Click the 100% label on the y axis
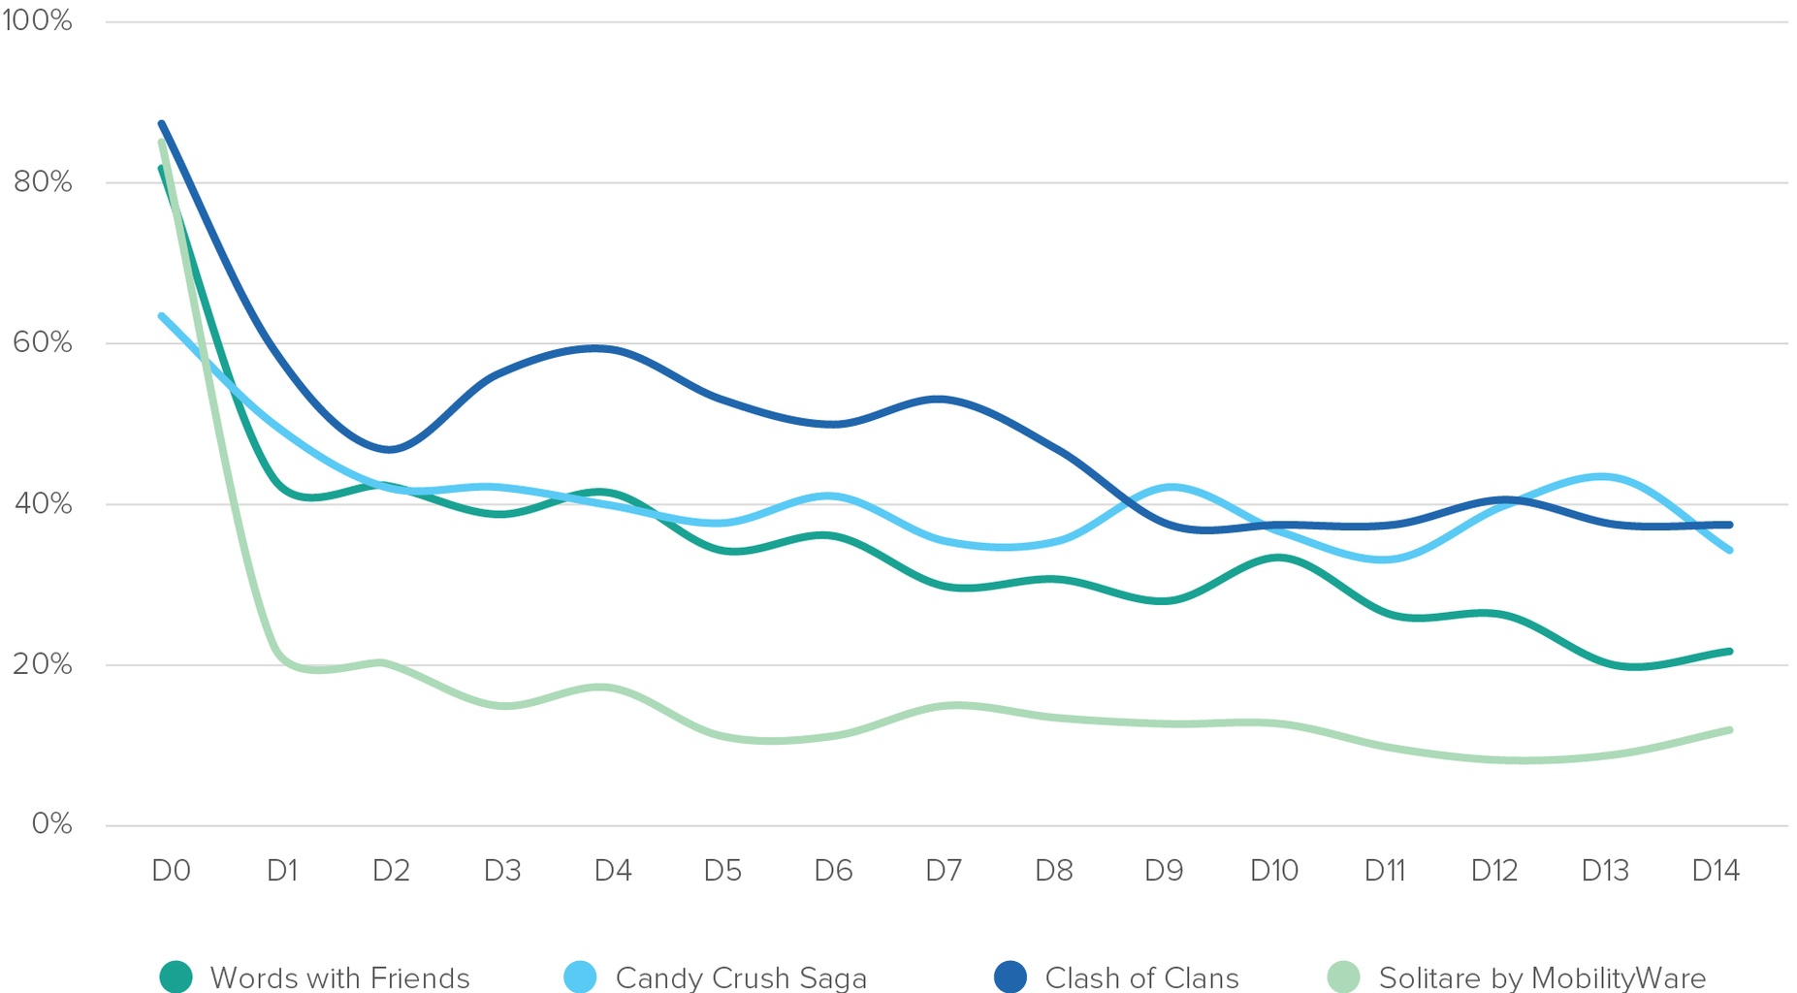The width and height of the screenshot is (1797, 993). click(37, 20)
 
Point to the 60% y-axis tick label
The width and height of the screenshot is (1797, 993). click(43, 342)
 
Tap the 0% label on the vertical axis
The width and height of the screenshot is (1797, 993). click(51, 824)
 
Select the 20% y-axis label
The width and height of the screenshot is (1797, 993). click(43, 664)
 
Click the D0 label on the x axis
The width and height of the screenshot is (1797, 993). click(171, 871)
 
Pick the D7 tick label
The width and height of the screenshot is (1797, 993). click(943, 871)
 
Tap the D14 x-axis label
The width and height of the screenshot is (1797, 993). click(1715, 871)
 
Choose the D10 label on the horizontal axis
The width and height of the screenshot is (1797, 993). click(1273, 871)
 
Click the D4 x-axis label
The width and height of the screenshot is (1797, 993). click(612, 871)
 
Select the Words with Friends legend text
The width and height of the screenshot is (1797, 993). click(339, 977)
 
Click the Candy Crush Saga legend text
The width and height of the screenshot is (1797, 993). click(741, 977)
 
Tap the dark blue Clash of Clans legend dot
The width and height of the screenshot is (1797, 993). click(1011, 977)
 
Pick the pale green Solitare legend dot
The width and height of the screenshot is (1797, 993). click(1344, 977)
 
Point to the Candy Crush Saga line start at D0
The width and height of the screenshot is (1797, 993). click(162, 316)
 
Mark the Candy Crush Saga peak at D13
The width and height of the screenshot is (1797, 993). click(1602, 476)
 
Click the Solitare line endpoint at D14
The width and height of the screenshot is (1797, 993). click(1729, 730)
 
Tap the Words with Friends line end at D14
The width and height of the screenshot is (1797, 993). click(1729, 652)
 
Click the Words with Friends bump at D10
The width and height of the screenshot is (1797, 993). click(1278, 558)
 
